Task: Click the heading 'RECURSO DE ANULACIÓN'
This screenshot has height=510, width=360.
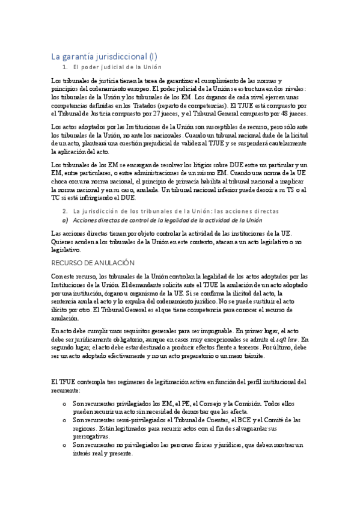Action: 93,263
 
